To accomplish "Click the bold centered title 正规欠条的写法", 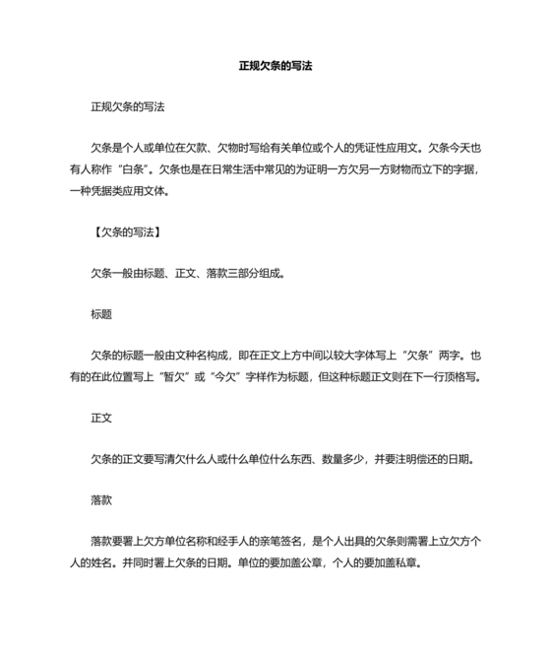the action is point(275,67).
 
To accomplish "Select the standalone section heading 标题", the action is point(101,314).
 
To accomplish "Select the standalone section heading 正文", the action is point(101,418).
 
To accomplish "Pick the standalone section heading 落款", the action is point(101,499).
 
